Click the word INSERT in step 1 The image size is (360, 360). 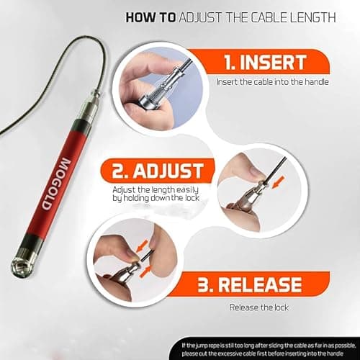tap(274, 62)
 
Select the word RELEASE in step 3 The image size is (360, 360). tap(260, 284)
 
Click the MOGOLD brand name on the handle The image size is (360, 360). tap(56, 184)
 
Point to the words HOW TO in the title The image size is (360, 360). tap(150, 17)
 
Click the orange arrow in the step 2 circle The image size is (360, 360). tap(279, 182)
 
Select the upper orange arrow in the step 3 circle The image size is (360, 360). tap(142, 247)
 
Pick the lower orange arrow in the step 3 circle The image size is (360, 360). tap(145, 272)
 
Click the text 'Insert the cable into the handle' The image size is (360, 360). tap(273, 82)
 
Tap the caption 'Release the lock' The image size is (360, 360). tap(259, 307)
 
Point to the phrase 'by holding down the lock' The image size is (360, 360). tap(156, 198)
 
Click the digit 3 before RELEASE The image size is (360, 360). tap(203, 285)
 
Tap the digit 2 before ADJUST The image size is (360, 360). tap(118, 171)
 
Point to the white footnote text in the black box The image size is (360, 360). tap(269, 349)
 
